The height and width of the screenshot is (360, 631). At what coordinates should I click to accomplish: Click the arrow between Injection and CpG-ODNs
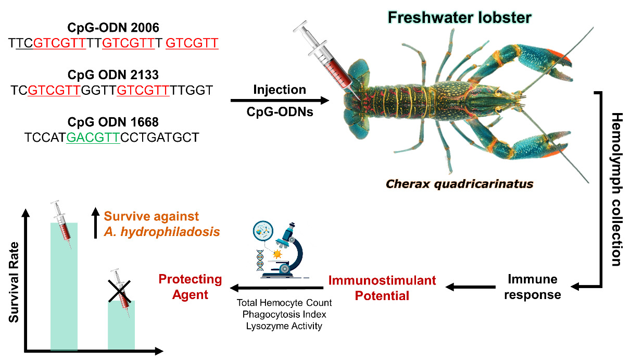coord(280,101)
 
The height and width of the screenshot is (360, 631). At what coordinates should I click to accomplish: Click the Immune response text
coord(533,287)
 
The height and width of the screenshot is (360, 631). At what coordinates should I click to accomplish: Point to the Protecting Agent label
coord(191,287)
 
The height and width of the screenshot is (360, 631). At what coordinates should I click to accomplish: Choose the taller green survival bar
coord(64,287)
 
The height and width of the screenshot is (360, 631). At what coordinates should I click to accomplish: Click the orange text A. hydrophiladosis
coord(161,232)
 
